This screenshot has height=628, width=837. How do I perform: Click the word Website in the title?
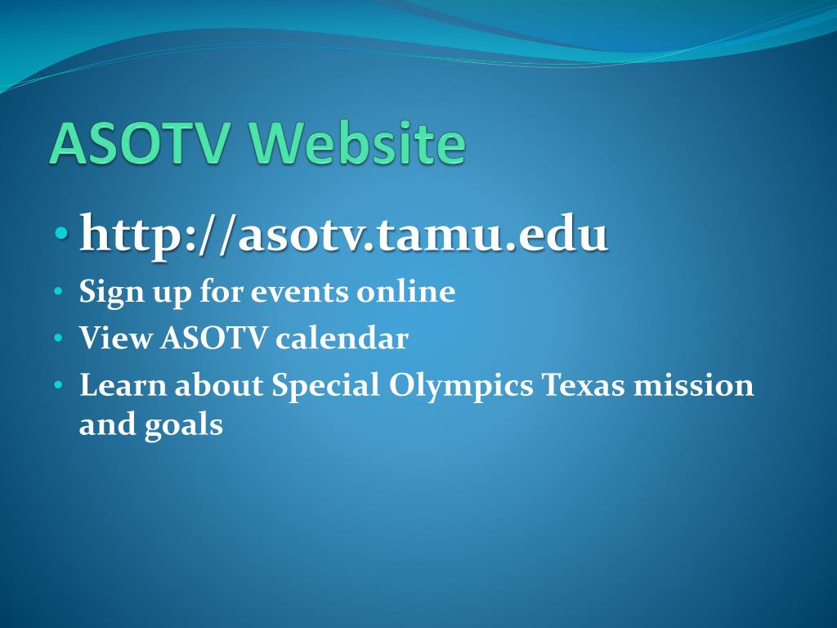coord(364,144)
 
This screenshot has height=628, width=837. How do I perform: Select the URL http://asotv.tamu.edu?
coord(343,235)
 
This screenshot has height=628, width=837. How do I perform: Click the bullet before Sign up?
coord(57,292)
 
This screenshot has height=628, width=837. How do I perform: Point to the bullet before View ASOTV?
coord(57,339)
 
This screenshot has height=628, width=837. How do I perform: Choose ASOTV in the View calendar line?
coord(213,339)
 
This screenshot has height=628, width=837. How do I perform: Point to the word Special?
coord(325,385)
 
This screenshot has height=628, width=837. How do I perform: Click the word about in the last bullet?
coord(217,385)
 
